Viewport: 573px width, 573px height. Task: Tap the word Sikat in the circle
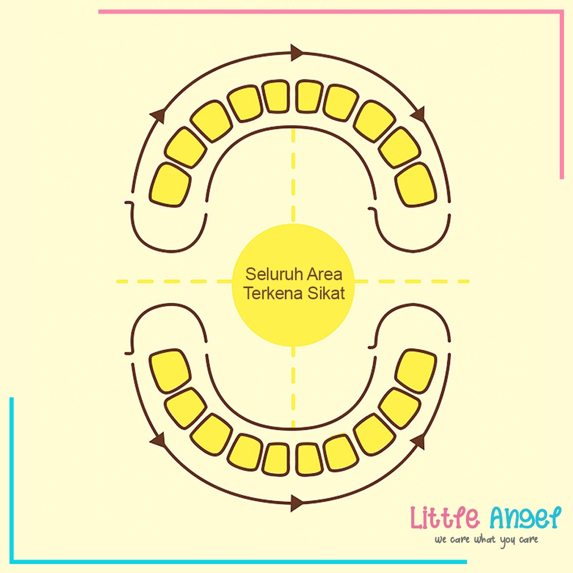[326, 293]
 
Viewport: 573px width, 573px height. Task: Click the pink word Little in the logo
[445, 518]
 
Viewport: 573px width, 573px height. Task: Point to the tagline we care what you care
[486, 540]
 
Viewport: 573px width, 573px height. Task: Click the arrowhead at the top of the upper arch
[297, 53]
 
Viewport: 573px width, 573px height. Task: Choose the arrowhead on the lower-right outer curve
[417, 442]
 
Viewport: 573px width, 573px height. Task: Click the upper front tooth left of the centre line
[276, 96]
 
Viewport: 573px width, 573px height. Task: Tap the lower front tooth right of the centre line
[309, 459]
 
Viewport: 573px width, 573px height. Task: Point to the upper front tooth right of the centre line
[309, 96]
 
